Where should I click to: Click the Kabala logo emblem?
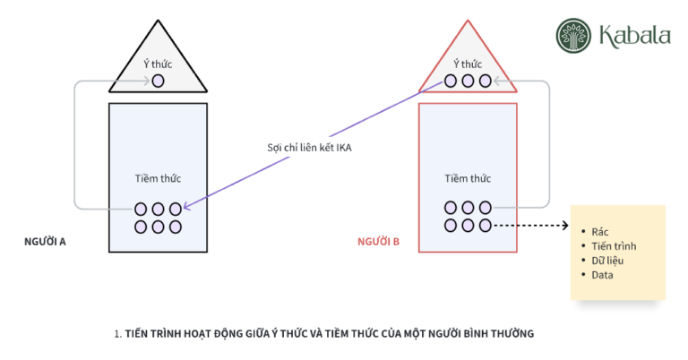pyautogui.click(x=573, y=36)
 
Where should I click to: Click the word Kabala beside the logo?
pyautogui.click(x=635, y=36)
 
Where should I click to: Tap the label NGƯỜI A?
pyautogui.click(x=45, y=242)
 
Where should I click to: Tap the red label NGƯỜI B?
pyautogui.click(x=378, y=242)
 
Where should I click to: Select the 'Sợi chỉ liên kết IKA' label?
pyautogui.click(x=309, y=148)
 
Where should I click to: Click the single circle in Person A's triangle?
pyautogui.click(x=158, y=81)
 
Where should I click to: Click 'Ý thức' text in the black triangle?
pyautogui.click(x=158, y=64)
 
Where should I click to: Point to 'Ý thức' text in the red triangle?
pyautogui.click(x=468, y=64)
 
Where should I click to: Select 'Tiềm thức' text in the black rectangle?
pyautogui.click(x=158, y=178)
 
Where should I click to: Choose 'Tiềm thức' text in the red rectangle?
pyautogui.click(x=468, y=178)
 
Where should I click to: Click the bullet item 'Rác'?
pyautogui.click(x=600, y=232)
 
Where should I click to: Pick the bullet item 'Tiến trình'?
pyautogui.click(x=614, y=246)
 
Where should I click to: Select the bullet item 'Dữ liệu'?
pyautogui.click(x=607, y=261)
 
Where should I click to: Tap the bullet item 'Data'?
pyautogui.click(x=602, y=275)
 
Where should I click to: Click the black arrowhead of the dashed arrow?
pyautogui.click(x=566, y=226)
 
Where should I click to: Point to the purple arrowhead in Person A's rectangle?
pyautogui.click(x=187, y=206)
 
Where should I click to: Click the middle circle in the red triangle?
pyautogui.click(x=468, y=81)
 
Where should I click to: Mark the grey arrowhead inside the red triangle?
pyautogui.click(x=497, y=81)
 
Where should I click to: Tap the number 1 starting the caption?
pyautogui.click(x=116, y=334)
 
